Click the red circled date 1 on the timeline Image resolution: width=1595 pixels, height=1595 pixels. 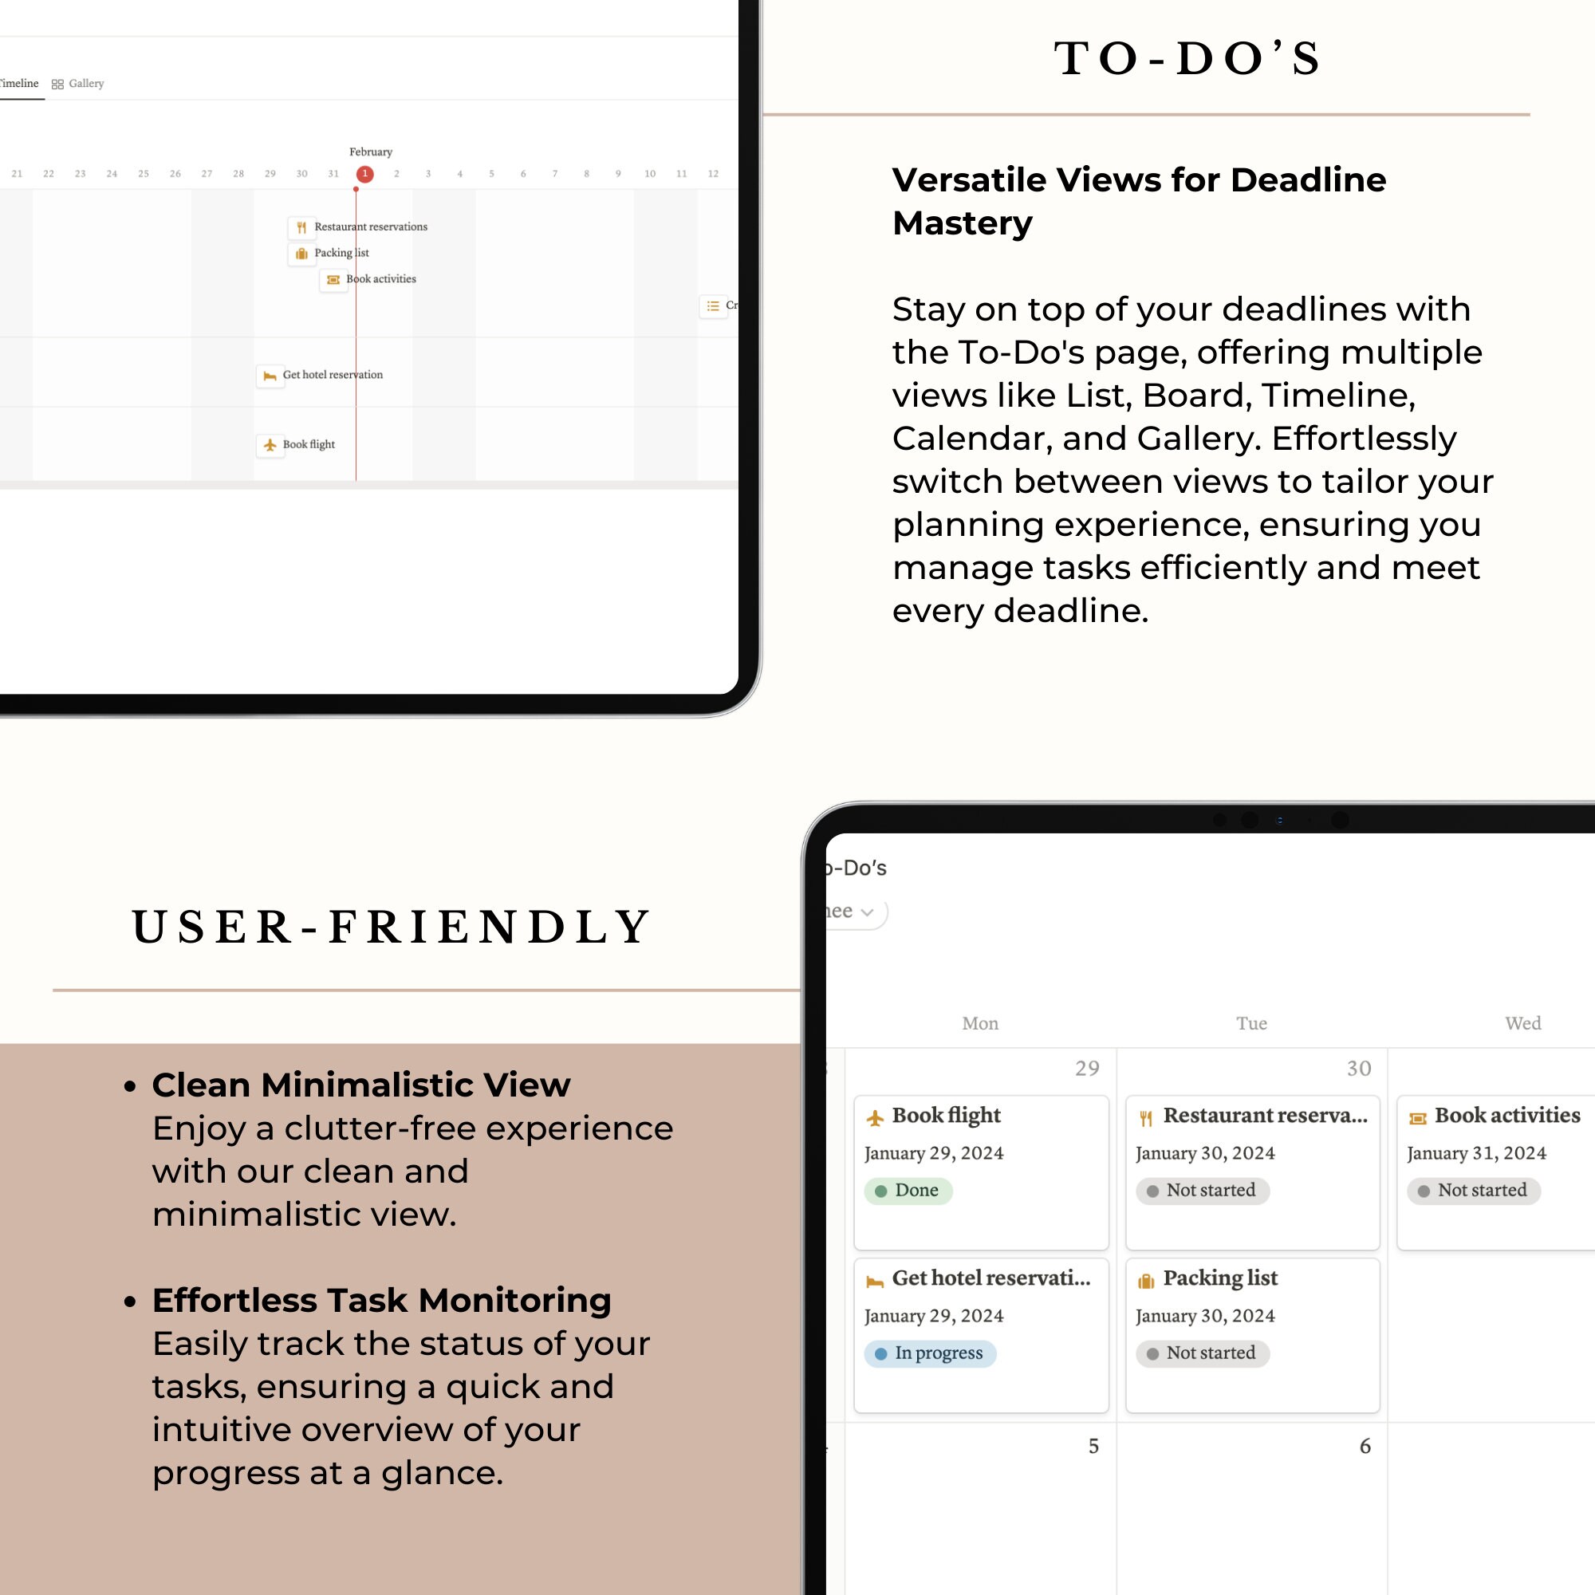364,173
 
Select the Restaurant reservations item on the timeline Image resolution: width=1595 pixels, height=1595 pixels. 370,226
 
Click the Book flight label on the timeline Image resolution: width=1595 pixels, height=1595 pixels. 308,444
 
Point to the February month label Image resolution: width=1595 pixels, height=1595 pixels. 370,152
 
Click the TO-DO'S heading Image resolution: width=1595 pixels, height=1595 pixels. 1187,58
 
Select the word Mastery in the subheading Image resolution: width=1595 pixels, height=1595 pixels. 962,223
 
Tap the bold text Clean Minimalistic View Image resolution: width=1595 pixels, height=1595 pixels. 360,1085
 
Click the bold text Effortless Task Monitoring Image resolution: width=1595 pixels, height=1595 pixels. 380,1300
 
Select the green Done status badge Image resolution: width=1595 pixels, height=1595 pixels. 908,1191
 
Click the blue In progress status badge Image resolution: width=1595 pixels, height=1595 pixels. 930,1353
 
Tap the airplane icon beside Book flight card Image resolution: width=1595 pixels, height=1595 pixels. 874,1118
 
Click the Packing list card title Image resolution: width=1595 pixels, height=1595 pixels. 1219,1278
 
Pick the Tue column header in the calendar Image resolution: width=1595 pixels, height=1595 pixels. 1250,1023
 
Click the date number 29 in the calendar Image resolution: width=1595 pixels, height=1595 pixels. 1086,1069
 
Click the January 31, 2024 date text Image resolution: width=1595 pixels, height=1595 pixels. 1476,1153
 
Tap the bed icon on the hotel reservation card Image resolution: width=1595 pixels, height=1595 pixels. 874,1281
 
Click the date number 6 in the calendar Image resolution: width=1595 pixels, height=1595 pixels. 1365,1446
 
